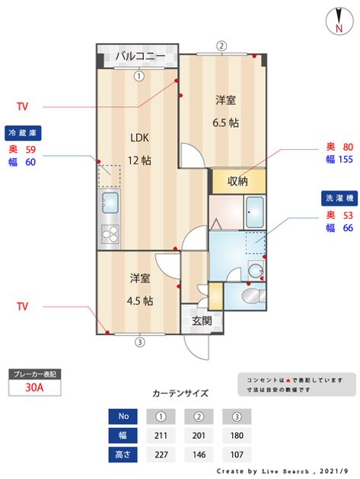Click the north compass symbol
click(339, 21)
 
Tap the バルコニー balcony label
click(140, 56)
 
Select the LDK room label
click(139, 138)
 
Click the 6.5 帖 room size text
click(226, 123)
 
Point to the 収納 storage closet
click(238, 181)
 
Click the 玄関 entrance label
click(202, 321)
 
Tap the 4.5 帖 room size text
click(140, 301)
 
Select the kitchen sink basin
click(110, 203)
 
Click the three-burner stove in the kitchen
click(110, 234)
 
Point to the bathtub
click(255, 212)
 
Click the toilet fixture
click(254, 296)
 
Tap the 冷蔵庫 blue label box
click(23, 133)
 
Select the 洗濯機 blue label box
click(339, 198)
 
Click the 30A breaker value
click(34, 387)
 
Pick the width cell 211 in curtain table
click(161, 436)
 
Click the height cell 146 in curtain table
click(199, 455)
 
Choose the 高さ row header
click(123, 455)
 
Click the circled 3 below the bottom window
click(140, 342)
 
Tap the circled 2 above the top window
click(221, 46)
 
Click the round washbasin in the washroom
click(256, 271)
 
